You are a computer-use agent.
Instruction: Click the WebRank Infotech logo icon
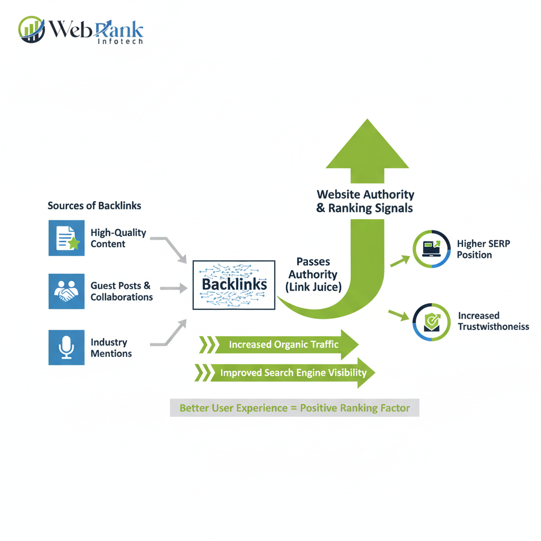(x=31, y=29)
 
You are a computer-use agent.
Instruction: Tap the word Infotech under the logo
(x=120, y=41)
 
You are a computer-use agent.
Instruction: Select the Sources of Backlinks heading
(x=95, y=206)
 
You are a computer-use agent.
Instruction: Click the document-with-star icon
(x=67, y=238)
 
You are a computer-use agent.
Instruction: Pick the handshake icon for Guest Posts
(x=67, y=291)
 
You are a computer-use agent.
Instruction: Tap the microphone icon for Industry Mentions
(x=67, y=347)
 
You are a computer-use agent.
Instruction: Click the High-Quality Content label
(x=118, y=238)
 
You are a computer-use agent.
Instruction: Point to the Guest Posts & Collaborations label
(x=122, y=291)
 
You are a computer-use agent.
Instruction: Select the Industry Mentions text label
(x=111, y=348)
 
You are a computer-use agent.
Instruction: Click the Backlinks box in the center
(x=234, y=285)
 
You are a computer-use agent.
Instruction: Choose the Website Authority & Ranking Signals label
(x=365, y=201)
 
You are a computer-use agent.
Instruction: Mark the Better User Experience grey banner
(x=294, y=408)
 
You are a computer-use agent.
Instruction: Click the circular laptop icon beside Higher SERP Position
(x=432, y=248)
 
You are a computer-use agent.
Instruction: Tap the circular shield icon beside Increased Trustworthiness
(x=432, y=321)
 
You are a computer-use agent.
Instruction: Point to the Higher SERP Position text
(x=483, y=249)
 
